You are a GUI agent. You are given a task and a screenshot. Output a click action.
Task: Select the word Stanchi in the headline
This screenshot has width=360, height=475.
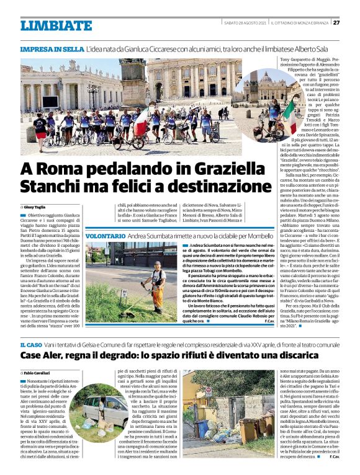pyautogui.click(x=48, y=187)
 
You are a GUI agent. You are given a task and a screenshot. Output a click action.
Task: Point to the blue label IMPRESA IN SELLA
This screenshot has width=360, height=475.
pyautogui.click(x=52, y=48)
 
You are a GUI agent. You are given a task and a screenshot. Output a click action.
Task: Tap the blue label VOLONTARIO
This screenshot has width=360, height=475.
pyautogui.click(x=106, y=237)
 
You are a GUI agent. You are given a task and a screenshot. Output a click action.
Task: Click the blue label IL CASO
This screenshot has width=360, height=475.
pyautogui.click(x=31, y=344)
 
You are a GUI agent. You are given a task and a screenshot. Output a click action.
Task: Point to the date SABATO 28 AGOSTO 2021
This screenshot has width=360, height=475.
pyautogui.click(x=246, y=23)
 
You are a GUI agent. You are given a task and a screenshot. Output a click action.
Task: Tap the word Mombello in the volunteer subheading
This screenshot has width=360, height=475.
pyautogui.click(x=259, y=237)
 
